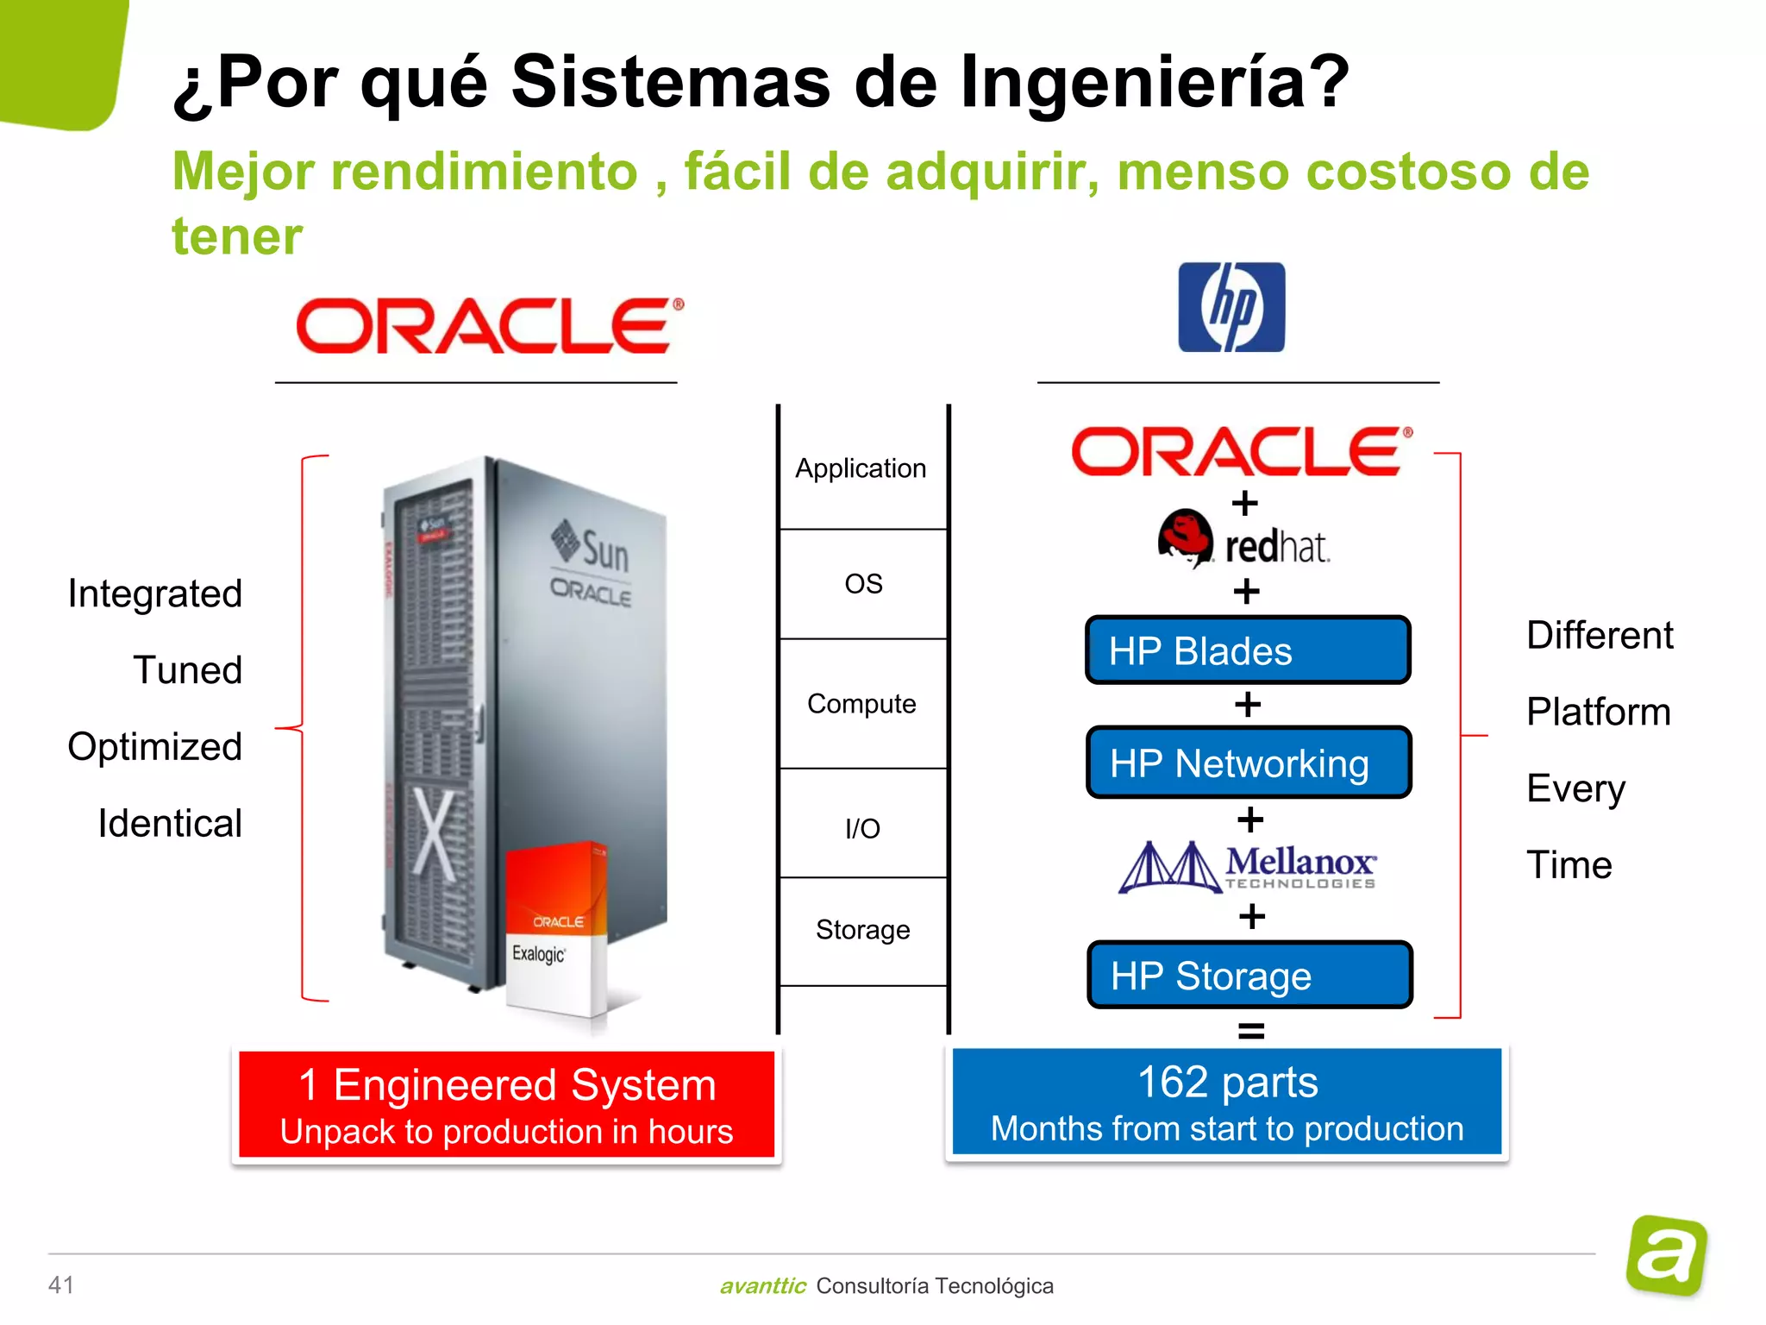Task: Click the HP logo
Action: (x=1231, y=307)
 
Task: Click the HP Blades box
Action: (x=1248, y=650)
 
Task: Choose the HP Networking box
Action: (x=1249, y=763)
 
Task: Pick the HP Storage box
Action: (x=1249, y=976)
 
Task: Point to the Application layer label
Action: (x=861, y=468)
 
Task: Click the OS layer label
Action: (x=863, y=584)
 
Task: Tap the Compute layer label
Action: (x=861, y=704)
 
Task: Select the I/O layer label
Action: (x=862, y=829)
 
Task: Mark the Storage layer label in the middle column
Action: (x=862, y=930)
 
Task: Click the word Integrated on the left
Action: (x=155, y=593)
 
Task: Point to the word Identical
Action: (x=170, y=824)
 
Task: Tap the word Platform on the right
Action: (x=1598, y=713)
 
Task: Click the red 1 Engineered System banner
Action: (x=506, y=1105)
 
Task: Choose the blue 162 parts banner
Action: (x=1226, y=1102)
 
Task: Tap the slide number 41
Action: (x=61, y=1284)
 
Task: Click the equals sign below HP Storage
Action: (x=1251, y=1030)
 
